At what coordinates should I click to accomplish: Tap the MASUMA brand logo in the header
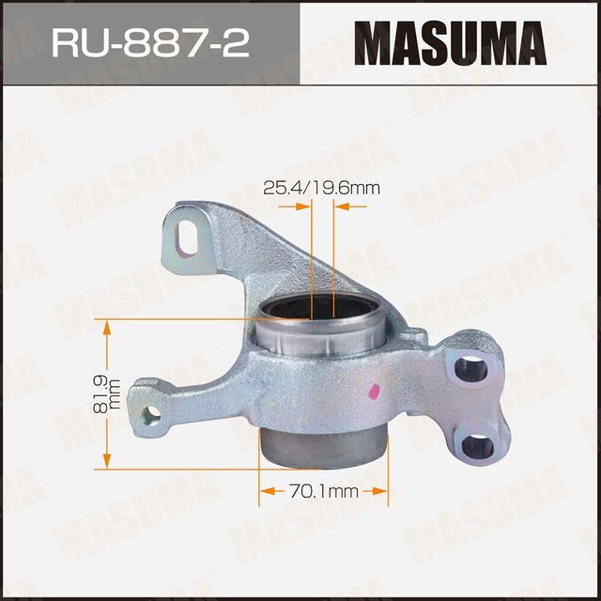[451, 43]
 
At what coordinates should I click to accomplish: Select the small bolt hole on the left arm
[151, 414]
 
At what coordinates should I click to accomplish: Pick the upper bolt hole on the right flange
[472, 369]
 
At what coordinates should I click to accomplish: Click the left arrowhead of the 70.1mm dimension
[266, 490]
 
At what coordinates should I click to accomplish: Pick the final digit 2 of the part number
[239, 43]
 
